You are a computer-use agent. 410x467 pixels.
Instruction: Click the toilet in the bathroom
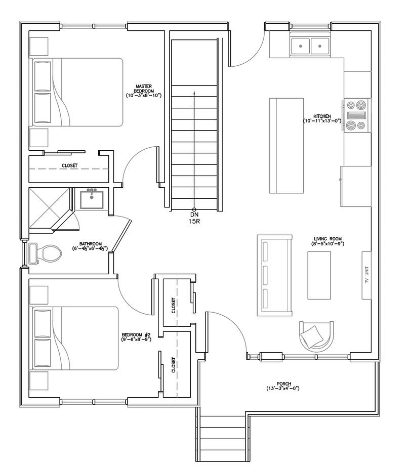45,254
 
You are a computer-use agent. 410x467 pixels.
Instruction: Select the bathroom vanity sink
92,199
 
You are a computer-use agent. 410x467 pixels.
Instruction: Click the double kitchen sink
310,46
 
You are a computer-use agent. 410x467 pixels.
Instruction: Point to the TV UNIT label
367,275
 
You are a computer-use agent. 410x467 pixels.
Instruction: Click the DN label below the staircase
194,215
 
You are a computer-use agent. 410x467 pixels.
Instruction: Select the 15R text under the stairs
194,221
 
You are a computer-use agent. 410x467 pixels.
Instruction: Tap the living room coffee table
319,275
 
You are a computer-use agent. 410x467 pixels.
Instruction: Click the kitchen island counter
286,146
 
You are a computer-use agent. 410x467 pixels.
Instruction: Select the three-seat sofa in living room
274,275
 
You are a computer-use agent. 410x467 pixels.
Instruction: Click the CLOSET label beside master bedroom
69,165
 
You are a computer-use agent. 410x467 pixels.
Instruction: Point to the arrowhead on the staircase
194,93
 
